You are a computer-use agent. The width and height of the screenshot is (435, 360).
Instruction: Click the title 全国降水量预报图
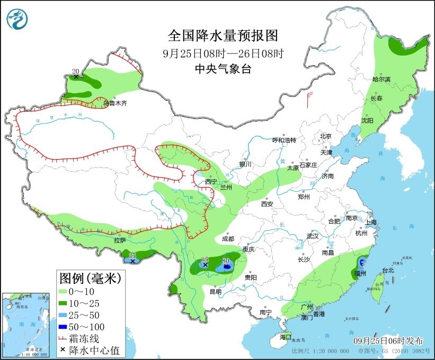tap(223, 36)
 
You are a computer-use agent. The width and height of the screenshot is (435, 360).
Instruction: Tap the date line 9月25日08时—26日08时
tap(223, 54)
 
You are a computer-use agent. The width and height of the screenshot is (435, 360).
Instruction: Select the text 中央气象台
tap(223, 69)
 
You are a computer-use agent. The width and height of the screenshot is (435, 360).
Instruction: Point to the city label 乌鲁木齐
tap(115, 104)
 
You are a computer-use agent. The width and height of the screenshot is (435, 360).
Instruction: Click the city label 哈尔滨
tap(381, 80)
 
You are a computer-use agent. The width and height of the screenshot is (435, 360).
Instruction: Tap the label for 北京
tap(325, 136)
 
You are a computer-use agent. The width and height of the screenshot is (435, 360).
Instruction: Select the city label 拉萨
tap(120, 240)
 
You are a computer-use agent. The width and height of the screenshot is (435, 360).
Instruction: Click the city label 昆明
tap(215, 291)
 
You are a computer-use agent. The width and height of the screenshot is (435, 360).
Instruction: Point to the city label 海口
tap(286, 337)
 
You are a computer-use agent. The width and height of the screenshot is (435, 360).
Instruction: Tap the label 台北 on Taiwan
tap(388, 270)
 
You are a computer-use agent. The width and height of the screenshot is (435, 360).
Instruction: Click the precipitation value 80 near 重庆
tap(225, 261)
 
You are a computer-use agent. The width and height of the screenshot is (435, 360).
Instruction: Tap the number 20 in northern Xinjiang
tap(75, 71)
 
